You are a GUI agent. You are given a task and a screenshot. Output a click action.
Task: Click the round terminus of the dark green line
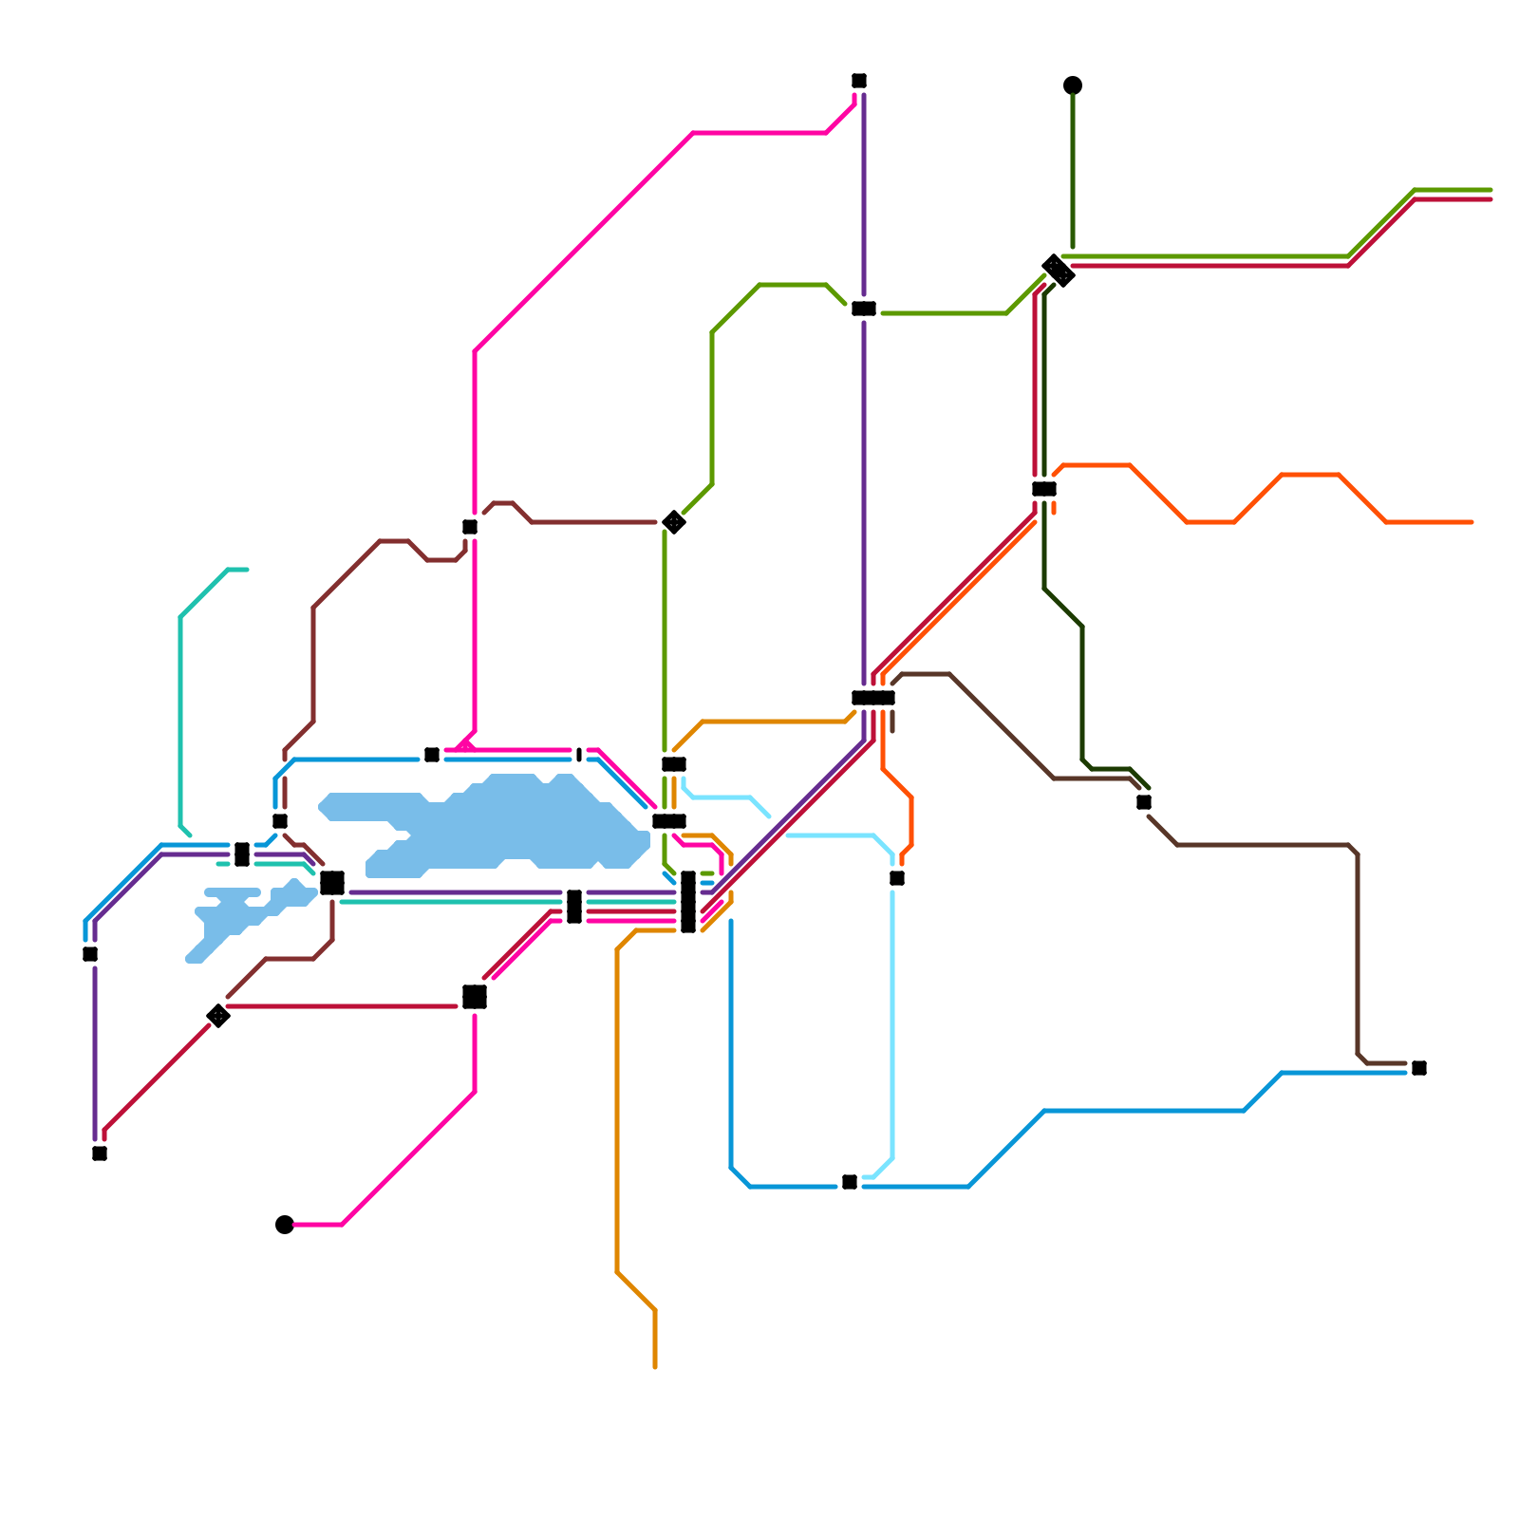[1073, 85]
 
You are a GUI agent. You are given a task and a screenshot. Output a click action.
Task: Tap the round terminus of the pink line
[285, 1225]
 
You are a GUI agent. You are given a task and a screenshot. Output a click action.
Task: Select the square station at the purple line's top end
[859, 81]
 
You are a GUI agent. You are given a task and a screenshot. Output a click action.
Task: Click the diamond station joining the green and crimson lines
[1058, 271]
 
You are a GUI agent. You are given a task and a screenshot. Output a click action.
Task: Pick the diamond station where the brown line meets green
[674, 522]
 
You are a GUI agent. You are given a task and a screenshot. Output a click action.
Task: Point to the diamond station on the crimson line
[218, 1016]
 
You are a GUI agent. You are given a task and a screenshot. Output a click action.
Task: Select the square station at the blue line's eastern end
[1419, 1068]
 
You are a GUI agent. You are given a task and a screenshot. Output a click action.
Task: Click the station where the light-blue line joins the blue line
[850, 1182]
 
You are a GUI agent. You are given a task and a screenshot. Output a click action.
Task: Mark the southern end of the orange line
[655, 1367]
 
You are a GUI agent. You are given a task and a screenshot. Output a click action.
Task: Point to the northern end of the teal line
[247, 570]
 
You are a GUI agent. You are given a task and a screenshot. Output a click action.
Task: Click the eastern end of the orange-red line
[1472, 522]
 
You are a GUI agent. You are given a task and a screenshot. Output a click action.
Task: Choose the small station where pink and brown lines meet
[470, 527]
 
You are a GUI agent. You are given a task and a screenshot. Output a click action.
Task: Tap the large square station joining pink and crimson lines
[475, 997]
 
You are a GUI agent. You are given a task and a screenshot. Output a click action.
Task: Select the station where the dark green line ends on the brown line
[1144, 802]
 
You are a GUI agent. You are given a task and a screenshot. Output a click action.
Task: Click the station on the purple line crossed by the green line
[864, 309]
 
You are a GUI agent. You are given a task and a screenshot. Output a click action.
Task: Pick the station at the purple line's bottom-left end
[100, 1153]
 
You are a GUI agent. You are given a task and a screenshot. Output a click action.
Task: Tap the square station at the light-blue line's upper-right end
[897, 878]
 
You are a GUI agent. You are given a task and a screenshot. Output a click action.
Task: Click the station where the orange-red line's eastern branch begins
[1044, 489]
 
